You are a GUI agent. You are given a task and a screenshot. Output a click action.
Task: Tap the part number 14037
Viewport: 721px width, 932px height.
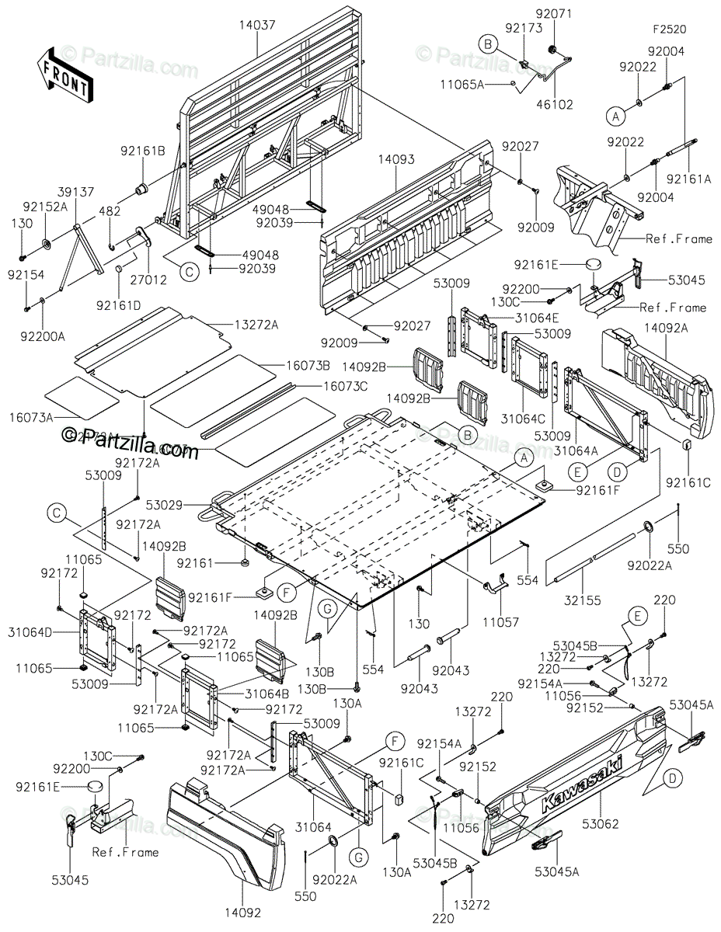point(258,26)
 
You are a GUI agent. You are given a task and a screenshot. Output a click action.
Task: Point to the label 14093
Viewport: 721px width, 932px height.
point(397,159)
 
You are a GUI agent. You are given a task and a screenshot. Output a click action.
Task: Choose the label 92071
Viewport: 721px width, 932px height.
point(553,14)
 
